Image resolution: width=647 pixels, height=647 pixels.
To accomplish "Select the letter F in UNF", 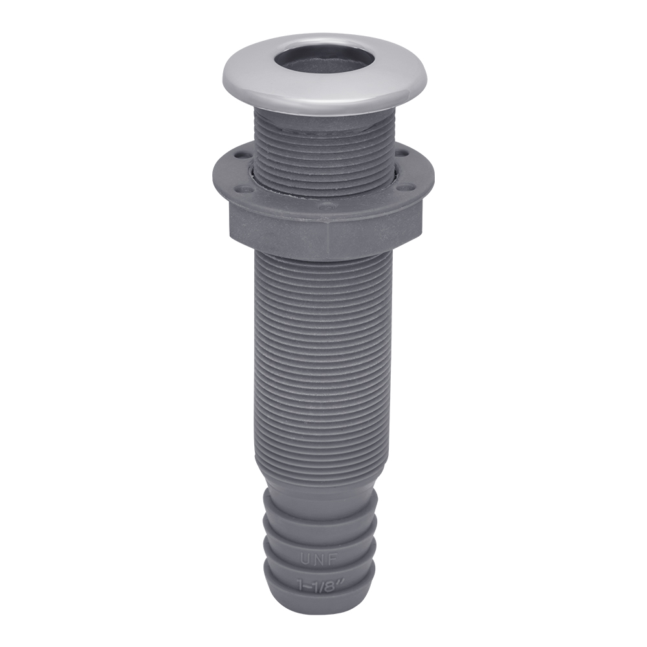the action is [334, 559].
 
